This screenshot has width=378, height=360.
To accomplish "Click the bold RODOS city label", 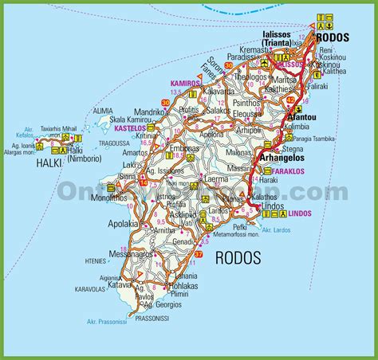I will pos(331,37).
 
